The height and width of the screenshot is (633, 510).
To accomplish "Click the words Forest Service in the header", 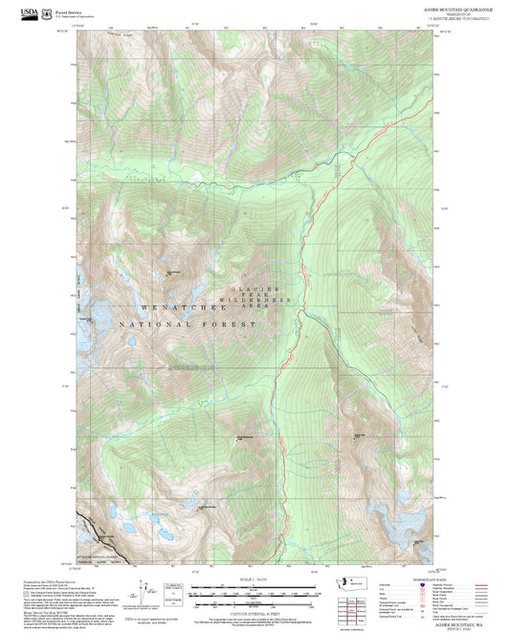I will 69,9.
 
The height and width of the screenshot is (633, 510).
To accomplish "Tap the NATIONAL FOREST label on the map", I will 189,326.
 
